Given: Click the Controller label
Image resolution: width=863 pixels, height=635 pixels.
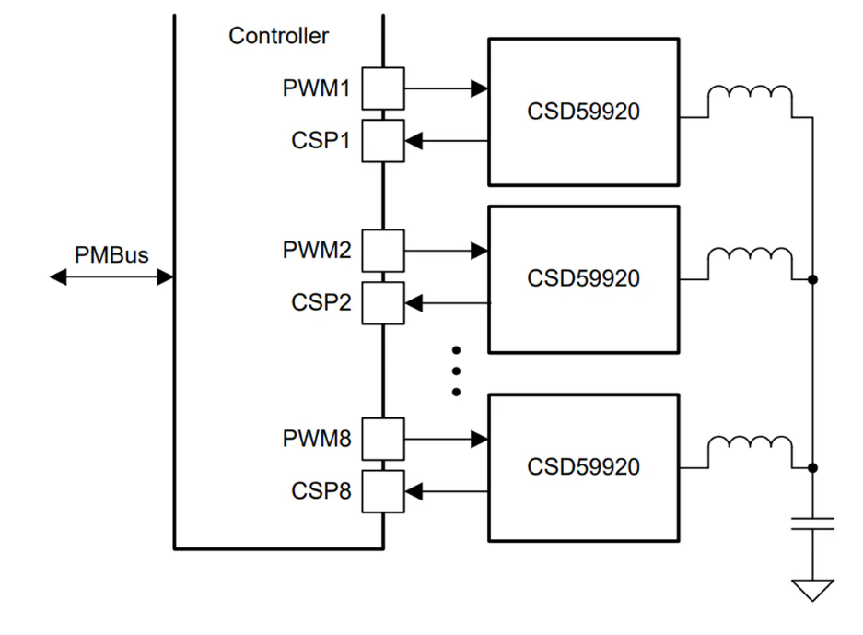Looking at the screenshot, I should tap(278, 36).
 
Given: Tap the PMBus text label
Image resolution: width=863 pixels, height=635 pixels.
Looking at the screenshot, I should tap(111, 255).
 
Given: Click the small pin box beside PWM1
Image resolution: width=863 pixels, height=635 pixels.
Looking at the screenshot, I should tap(382, 88).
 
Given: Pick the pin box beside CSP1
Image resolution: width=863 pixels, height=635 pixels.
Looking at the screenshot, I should tap(382, 141).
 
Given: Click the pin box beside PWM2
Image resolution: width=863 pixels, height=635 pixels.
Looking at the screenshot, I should tap(382, 250).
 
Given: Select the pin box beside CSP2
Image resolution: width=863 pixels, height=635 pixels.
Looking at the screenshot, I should tap(382, 302).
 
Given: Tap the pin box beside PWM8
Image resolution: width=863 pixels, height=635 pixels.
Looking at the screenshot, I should tap(382, 439).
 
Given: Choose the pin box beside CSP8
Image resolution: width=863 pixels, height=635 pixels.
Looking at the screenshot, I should tap(382, 491).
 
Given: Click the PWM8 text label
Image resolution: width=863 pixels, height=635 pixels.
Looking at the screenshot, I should tap(317, 439).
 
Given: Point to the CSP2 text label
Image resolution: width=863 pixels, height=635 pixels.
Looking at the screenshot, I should tap(321, 302).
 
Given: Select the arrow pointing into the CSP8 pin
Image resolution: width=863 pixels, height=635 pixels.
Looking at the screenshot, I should tap(446, 491).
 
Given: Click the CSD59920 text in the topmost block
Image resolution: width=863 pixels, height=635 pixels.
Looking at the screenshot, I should tap(583, 112).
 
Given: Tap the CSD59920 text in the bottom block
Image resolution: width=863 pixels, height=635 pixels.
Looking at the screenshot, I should tap(583, 466).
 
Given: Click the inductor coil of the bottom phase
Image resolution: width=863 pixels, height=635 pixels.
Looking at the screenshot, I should tap(750, 450).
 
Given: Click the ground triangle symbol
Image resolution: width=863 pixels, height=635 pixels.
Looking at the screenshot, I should tap(812, 589).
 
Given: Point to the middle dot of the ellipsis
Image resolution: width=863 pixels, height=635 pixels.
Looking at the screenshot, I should tap(456, 370).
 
